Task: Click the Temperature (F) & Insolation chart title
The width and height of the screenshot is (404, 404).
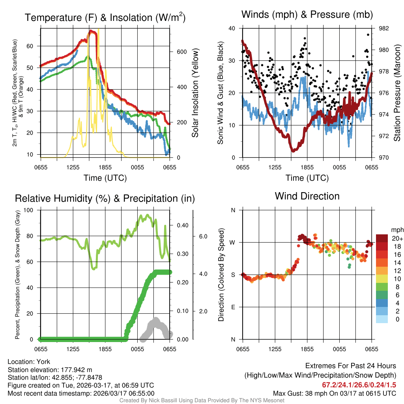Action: pos(105,17)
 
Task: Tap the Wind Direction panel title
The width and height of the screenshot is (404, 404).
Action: pos(307,196)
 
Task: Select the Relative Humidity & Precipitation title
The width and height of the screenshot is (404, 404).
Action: pos(105,198)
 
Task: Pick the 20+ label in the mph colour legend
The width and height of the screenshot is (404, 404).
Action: pos(397,238)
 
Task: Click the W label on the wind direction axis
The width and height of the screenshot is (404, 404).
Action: pos(233,242)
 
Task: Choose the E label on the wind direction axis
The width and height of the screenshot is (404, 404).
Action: pos(233,307)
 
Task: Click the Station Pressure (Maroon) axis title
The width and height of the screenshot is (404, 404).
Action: pos(397,93)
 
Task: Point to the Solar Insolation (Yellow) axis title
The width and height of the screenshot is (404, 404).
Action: pos(195,93)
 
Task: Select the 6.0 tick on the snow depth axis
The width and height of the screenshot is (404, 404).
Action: pos(203,236)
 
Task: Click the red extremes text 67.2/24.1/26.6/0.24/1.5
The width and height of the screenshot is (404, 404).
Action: pos(359,385)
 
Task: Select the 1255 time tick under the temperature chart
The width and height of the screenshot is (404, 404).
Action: pos(73,167)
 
